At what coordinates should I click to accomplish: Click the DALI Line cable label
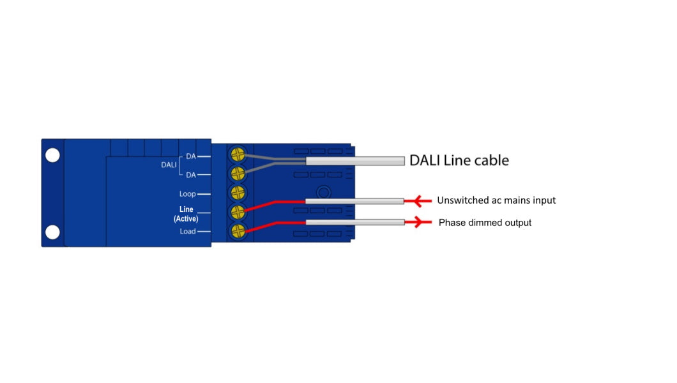click(459, 160)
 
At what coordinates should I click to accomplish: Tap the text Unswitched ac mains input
click(496, 200)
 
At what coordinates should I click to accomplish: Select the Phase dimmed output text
click(485, 223)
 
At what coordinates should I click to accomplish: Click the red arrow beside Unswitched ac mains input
click(421, 201)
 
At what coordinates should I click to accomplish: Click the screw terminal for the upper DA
click(238, 154)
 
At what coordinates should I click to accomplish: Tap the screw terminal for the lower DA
click(238, 174)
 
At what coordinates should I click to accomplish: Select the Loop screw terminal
click(238, 193)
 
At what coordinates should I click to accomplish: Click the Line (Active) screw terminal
click(238, 212)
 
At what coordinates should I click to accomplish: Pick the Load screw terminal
click(238, 231)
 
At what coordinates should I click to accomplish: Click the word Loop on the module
click(187, 194)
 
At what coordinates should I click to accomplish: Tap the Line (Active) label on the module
click(186, 214)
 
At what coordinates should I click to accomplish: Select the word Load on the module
click(187, 231)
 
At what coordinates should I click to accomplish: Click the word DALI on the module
click(169, 165)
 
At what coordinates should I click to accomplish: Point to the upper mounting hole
click(52, 154)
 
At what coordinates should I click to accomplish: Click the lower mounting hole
click(52, 232)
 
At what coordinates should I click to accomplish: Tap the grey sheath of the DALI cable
click(355, 161)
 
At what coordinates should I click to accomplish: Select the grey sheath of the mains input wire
click(355, 201)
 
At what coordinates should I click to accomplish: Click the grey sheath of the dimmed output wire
click(355, 222)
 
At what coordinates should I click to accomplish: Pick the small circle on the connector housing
click(324, 191)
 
